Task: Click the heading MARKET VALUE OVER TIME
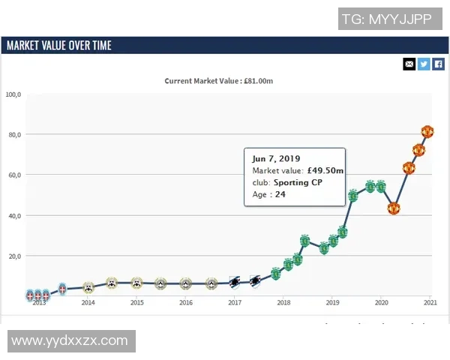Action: click(58, 46)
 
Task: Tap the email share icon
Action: click(409, 64)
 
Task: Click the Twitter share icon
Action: click(424, 64)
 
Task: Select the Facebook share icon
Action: click(439, 64)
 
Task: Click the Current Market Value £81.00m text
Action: click(218, 81)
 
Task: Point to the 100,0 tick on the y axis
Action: click(13, 94)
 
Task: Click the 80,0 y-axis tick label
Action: click(15, 135)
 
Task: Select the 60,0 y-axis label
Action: click(15, 175)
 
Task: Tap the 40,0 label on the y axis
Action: click(15, 216)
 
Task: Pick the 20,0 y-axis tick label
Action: click(15, 256)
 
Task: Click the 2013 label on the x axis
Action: click(39, 303)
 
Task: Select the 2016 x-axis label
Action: click(186, 303)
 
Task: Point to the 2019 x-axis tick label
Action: click(332, 303)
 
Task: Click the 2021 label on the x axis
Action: click(430, 303)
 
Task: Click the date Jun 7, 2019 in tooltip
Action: click(276, 158)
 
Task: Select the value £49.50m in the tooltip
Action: click(325, 170)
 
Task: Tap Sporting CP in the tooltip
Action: click(298, 182)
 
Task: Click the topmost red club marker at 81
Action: click(427, 132)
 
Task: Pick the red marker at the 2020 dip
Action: click(394, 208)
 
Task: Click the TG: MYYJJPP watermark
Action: click(386, 19)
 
